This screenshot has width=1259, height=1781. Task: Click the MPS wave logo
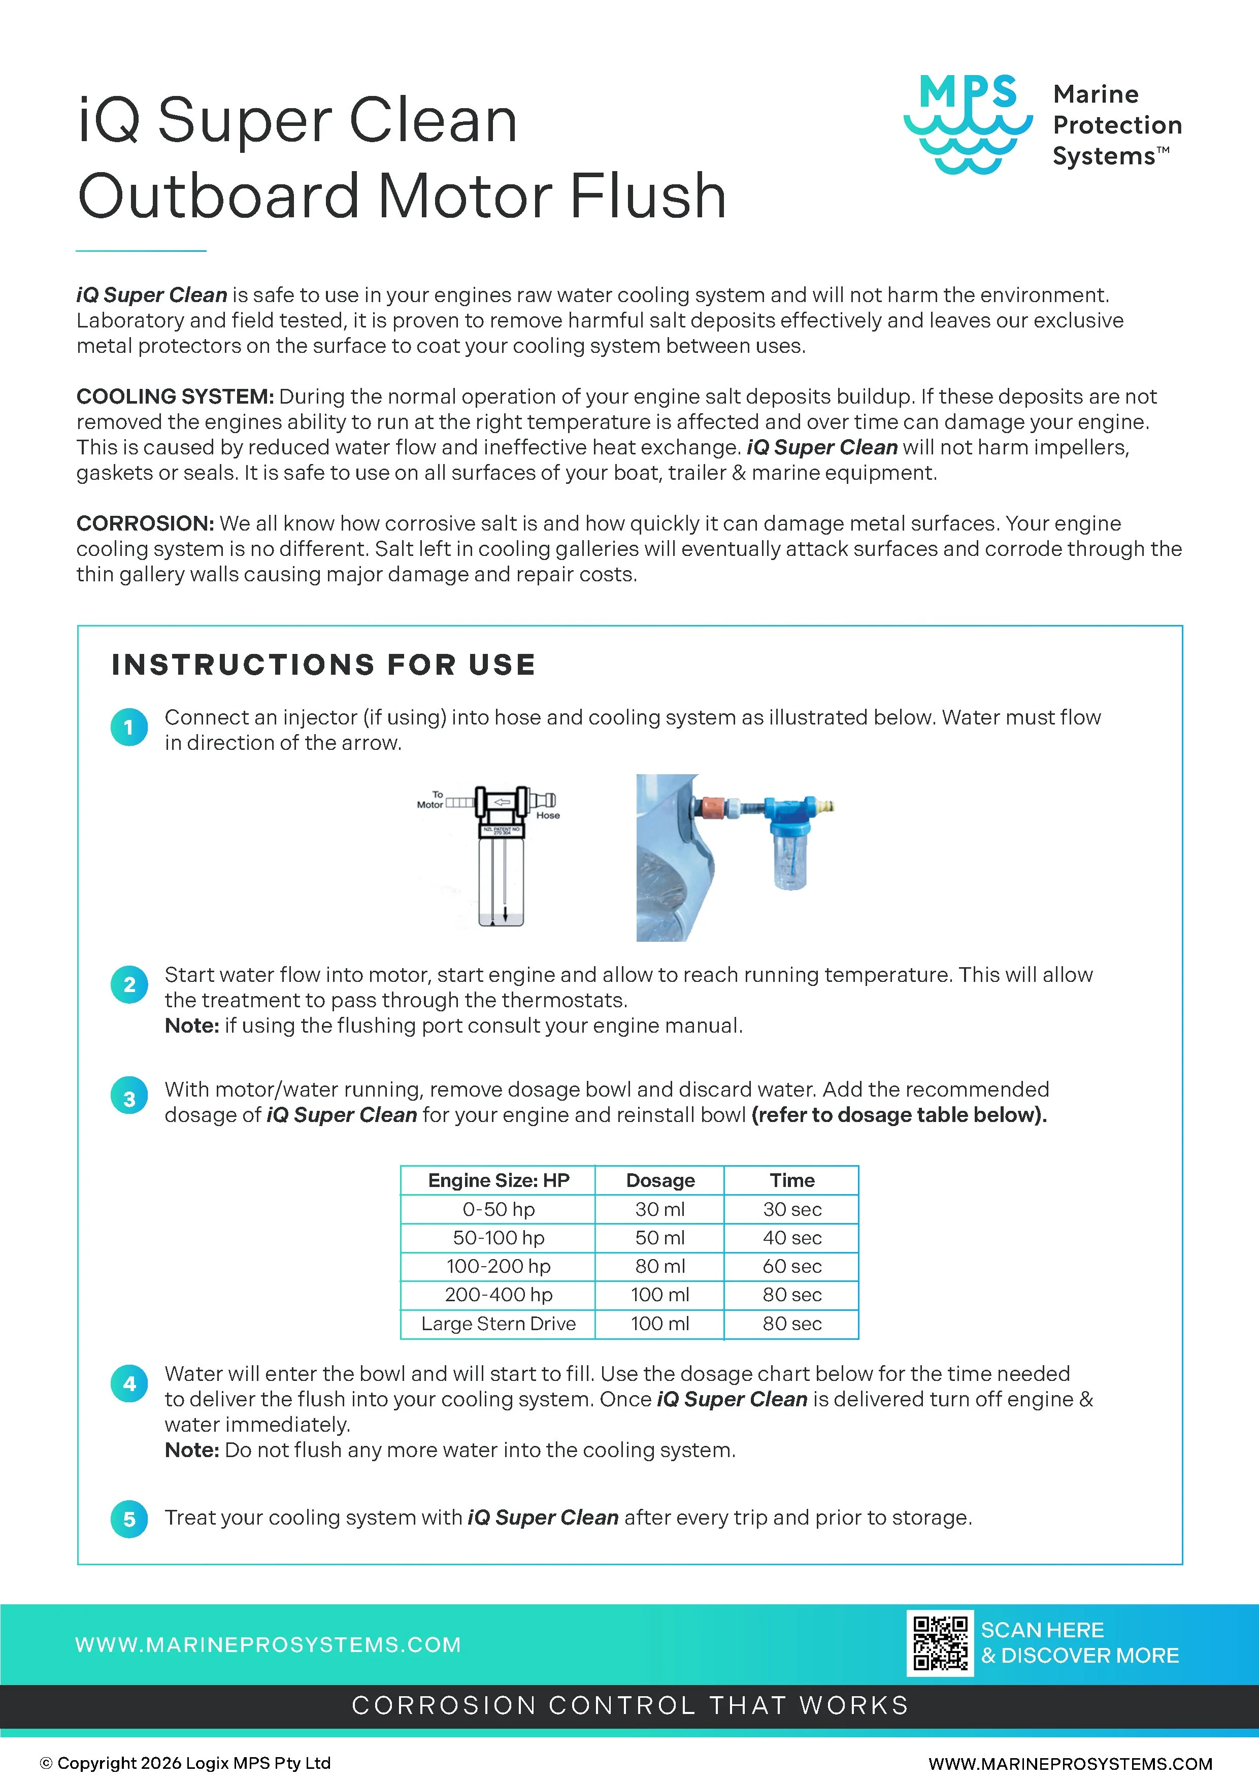(967, 124)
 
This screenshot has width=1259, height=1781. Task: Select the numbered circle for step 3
(129, 1098)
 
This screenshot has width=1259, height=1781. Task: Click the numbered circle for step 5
(129, 1519)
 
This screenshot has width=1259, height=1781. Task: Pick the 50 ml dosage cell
(659, 1238)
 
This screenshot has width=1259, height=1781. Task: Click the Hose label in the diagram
(548, 815)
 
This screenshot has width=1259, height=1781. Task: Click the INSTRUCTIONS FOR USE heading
(323, 665)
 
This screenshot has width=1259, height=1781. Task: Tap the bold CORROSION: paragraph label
(144, 523)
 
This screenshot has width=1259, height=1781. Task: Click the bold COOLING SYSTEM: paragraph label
(175, 397)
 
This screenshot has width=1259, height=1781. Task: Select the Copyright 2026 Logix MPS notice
(186, 1762)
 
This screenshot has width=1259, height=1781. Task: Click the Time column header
(791, 1180)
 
